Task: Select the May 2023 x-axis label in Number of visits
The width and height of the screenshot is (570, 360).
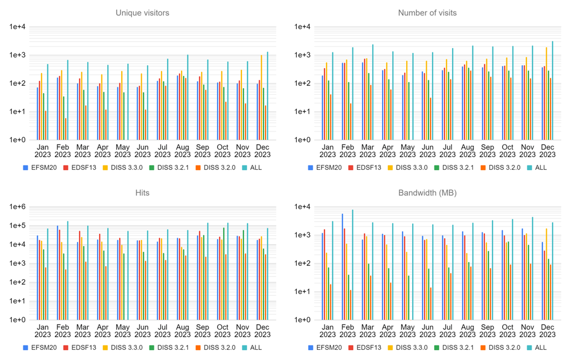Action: [x=407, y=150]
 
